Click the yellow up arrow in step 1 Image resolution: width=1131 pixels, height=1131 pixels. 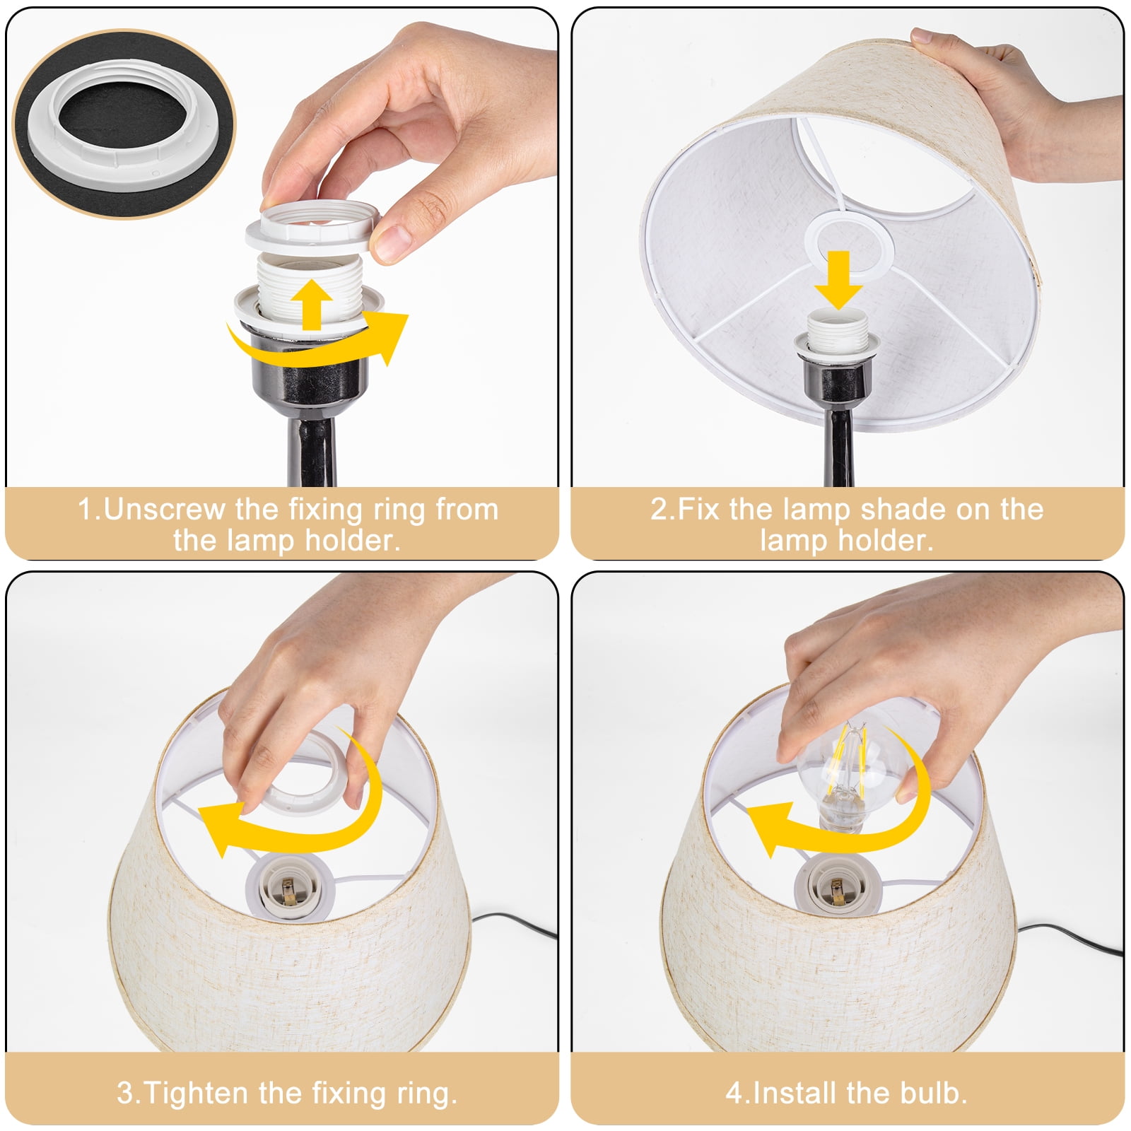coord(312,304)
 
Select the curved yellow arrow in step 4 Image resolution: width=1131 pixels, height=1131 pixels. coord(841,813)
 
